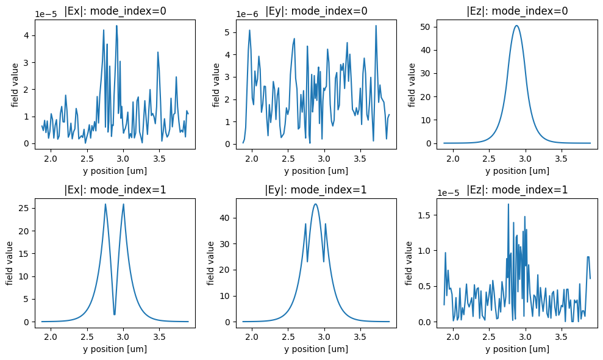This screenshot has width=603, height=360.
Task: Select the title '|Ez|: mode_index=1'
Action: click(517, 190)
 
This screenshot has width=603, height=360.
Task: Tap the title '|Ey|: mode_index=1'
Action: click(316, 190)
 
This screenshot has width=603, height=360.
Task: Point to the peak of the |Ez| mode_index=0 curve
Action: click(516, 26)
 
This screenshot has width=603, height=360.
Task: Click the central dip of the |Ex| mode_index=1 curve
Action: click(115, 314)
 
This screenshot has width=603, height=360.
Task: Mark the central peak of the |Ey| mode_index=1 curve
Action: click(315, 204)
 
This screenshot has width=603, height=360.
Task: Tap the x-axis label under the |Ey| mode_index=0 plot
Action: click(316, 171)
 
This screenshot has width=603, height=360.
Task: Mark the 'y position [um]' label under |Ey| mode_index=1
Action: click(316, 349)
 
